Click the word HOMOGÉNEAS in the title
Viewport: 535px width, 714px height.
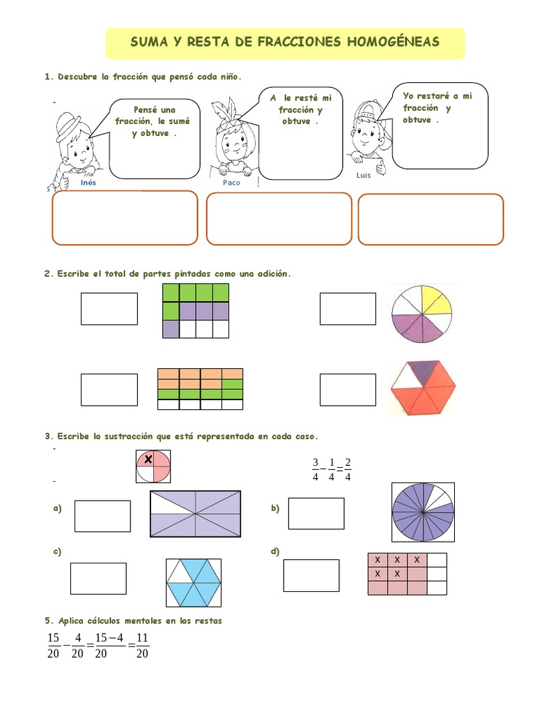(394, 42)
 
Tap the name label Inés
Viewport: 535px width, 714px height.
(88, 183)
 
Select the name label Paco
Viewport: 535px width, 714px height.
(231, 183)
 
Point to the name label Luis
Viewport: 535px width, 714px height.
(364, 175)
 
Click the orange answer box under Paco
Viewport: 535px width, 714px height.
(279, 218)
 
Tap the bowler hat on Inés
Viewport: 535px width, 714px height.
(69, 125)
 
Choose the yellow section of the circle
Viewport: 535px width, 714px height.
(437, 300)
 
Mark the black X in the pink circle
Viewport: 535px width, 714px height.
(148, 459)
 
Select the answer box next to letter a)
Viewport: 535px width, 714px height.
(102, 516)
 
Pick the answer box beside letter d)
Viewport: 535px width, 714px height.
(311, 575)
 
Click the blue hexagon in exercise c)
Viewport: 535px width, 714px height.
(194, 583)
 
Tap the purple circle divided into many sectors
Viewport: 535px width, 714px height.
(423, 512)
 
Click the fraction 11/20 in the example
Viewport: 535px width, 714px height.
(142, 646)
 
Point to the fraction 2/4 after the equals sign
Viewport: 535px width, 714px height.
(348, 469)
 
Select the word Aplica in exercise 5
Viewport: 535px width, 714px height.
(72, 621)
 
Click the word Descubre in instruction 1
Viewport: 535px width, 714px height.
(77, 77)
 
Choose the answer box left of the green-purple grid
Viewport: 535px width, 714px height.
(109, 309)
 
